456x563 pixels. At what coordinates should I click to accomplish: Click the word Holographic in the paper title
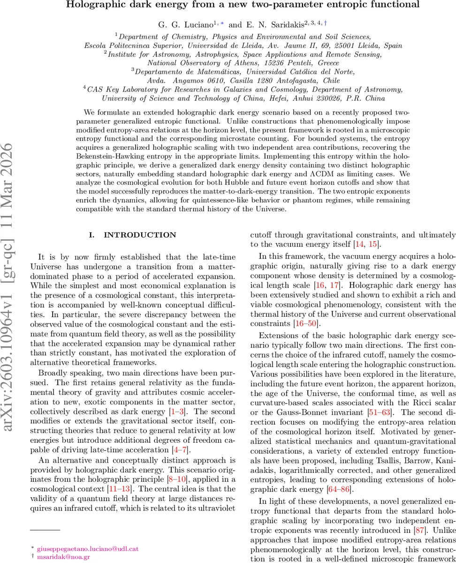coord(89,5)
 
